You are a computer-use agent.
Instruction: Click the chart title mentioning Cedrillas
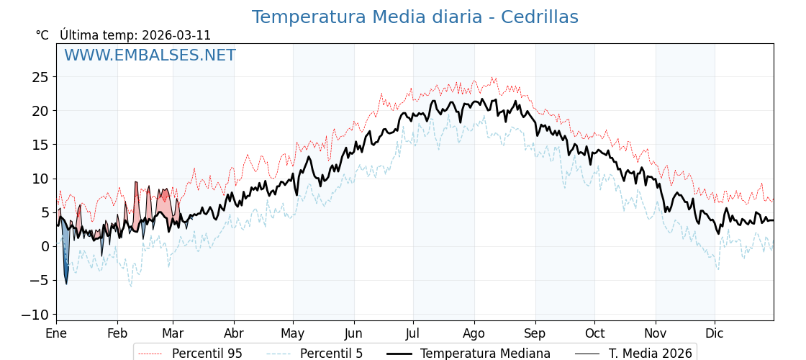pyautogui.click(x=415, y=17)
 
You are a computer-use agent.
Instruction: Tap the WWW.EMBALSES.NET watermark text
pyautogui.click(x=150, y=55)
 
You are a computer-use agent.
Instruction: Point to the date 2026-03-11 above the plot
pyautogui.click(x=176, y=35)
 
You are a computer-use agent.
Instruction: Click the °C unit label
pyautogui.click(x=42, y=35)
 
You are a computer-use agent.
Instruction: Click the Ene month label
pyautogui.click(x=56, y=333)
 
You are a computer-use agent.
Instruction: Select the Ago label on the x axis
pyautogui.click(x=474, y=333)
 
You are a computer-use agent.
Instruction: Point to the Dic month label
pyautogui.click(x=715, y=333)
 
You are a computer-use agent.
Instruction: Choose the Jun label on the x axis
pyautogui.click(x=353, y=333)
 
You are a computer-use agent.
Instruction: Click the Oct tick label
pyautogui.click(x=594, y=333)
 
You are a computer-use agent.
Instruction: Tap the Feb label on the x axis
pyautogui.click(x=117, y=333)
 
